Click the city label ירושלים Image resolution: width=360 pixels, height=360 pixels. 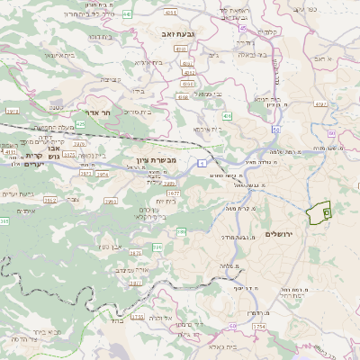[x=281, y=234]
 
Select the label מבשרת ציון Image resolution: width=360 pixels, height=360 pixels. [x=157, y=160]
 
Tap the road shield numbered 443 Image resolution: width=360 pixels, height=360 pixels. [x=127, y=14]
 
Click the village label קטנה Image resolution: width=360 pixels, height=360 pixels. [x=55, y=110]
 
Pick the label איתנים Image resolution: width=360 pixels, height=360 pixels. [x=25, y=211]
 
